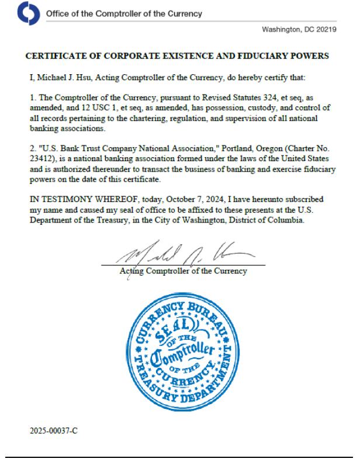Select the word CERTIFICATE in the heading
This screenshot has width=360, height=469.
[x=56, y=57]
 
